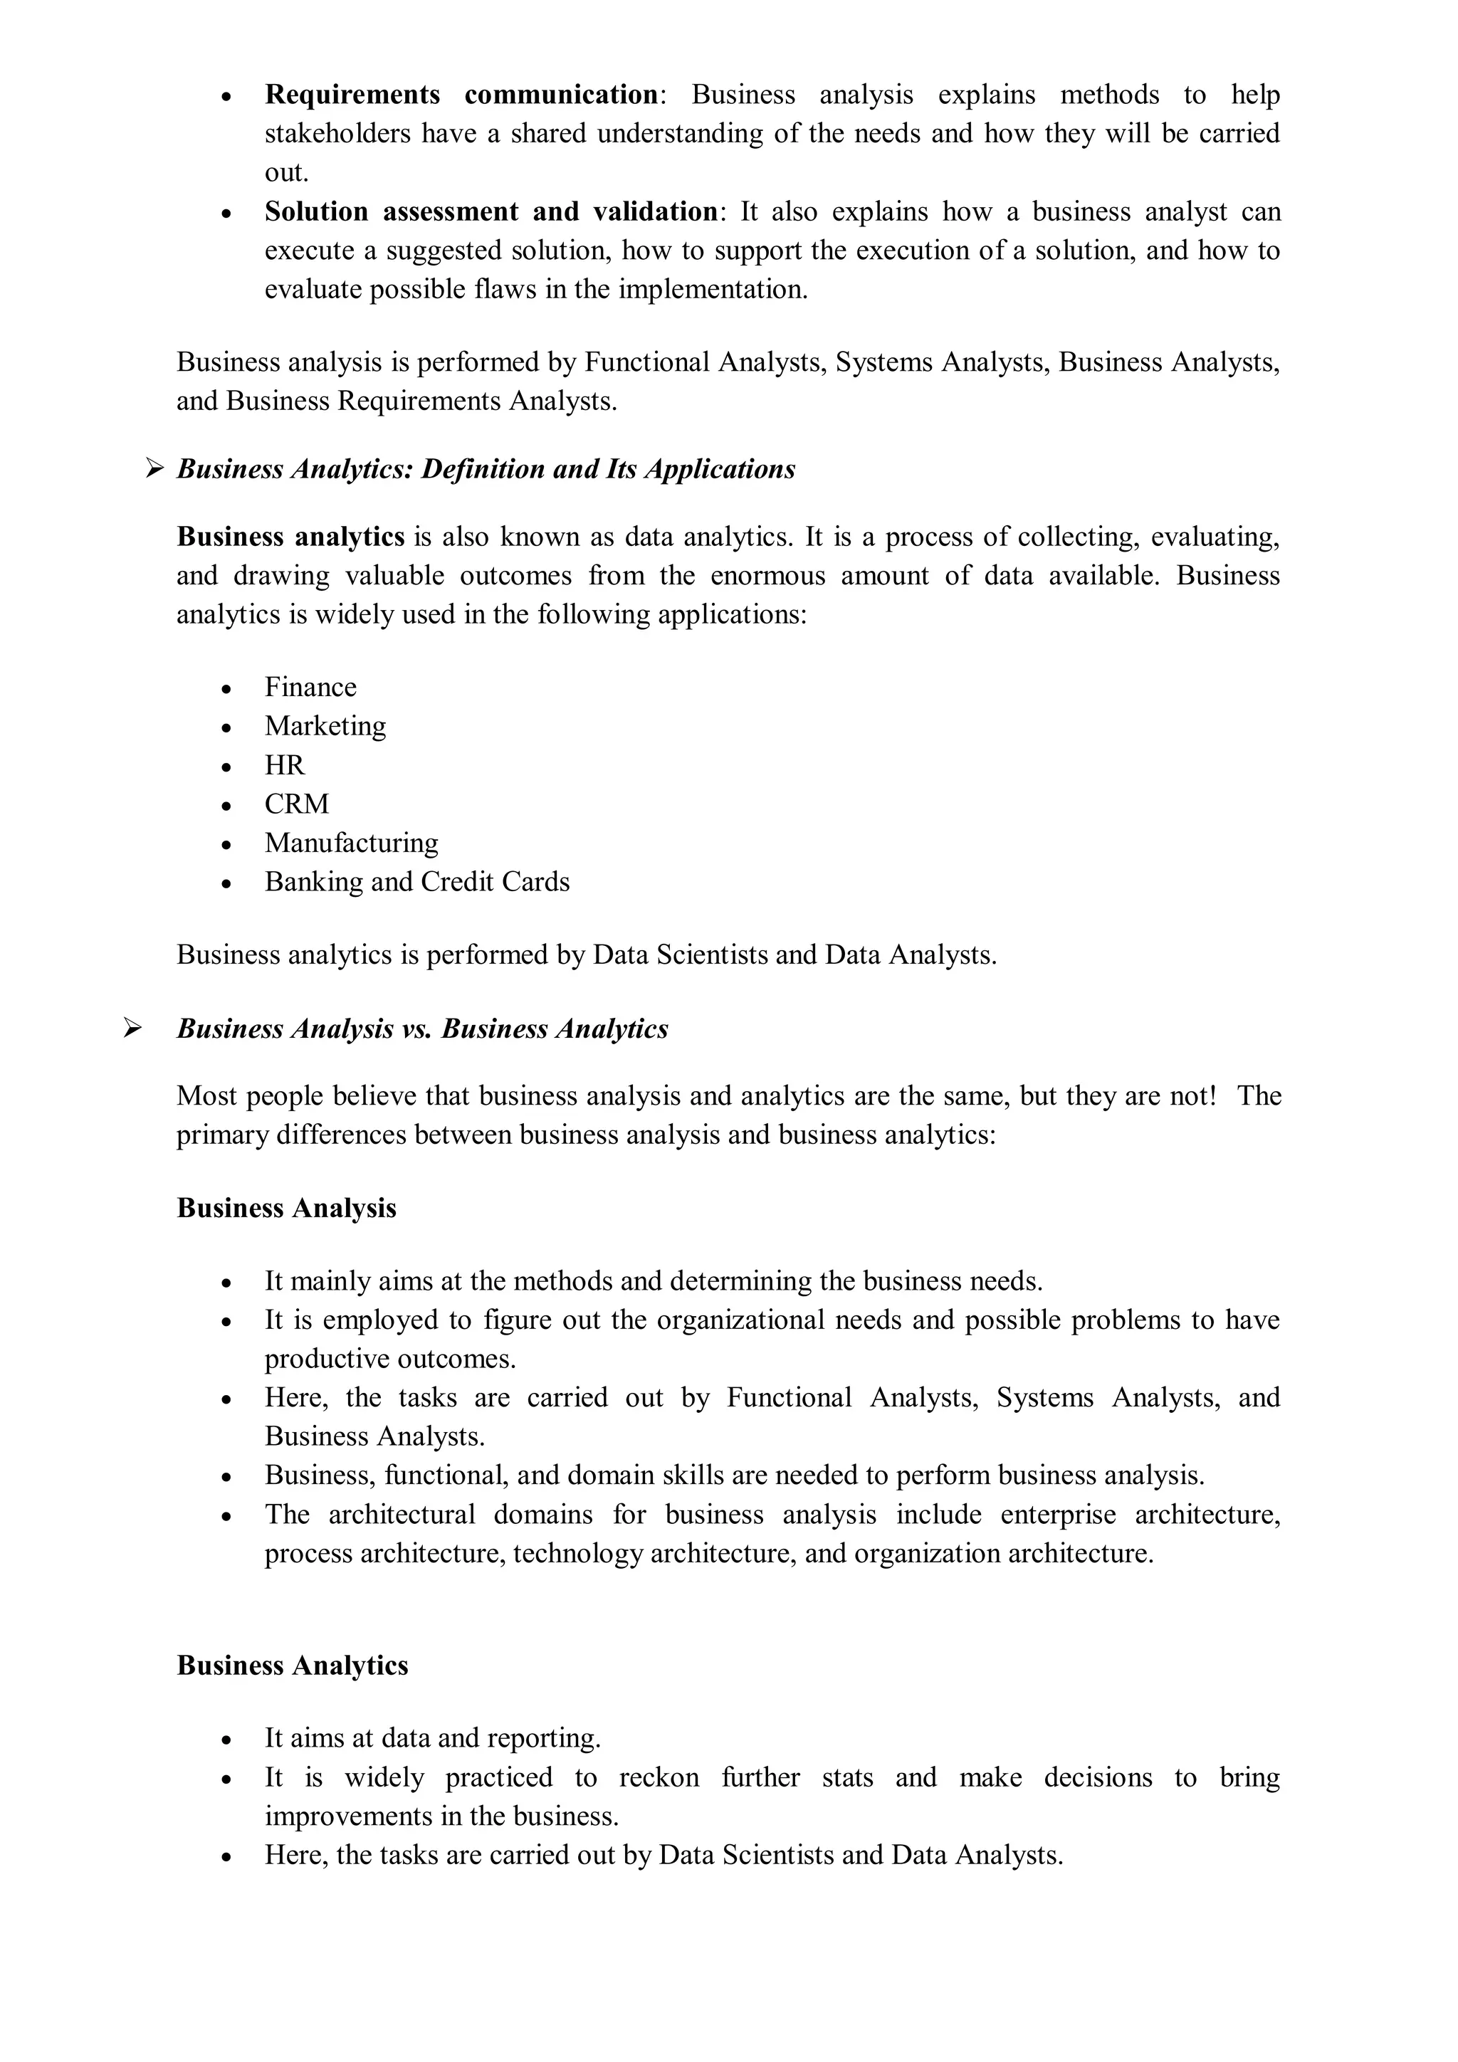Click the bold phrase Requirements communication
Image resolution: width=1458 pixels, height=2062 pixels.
click(x=462, y=94)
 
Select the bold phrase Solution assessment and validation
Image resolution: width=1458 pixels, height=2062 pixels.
click(x=491, y=211)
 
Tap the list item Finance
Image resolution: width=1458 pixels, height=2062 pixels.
click(x=310, y=687)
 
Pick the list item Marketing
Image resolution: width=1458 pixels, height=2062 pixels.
click(x=325, y=726)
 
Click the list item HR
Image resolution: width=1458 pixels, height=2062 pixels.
click(x=284, y=764)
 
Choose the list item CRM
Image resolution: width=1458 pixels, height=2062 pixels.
click(x=296, y=804)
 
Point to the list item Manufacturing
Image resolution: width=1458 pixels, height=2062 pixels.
click(x=351, y=843)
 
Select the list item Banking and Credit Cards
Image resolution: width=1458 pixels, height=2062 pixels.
click(x=417, y=881)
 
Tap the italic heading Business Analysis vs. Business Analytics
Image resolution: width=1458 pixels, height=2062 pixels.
click(x=422, y=1029)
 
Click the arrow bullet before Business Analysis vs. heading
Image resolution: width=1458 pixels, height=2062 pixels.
click(x=133, y=1027)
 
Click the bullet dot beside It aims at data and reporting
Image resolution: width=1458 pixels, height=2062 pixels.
click(x=226, y=1740)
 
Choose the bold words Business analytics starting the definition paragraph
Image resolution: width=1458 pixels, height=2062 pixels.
click(x=290, y=536)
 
